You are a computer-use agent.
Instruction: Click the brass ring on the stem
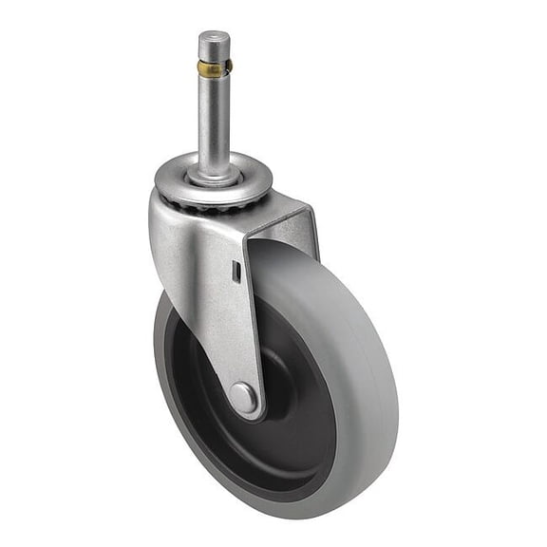coord(214,67)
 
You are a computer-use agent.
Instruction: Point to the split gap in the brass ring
coord(227,67)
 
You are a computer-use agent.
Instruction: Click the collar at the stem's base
coord(214,175)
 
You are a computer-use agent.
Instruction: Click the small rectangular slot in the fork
coord(236,273)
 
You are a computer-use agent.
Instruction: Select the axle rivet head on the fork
coord(244,397)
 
